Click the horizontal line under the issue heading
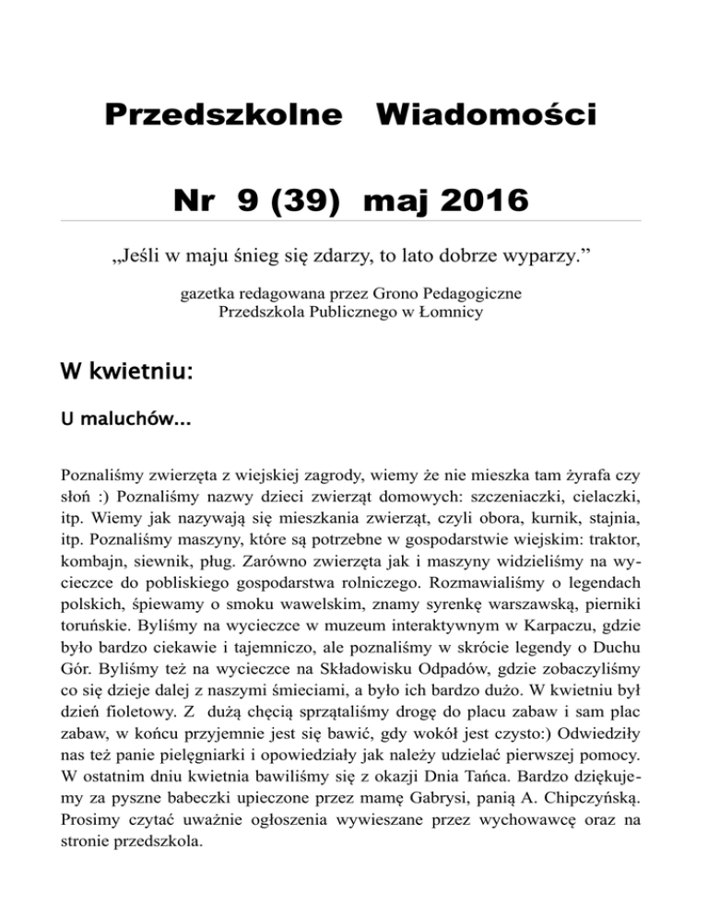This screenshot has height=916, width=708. (x=354, y=221)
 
